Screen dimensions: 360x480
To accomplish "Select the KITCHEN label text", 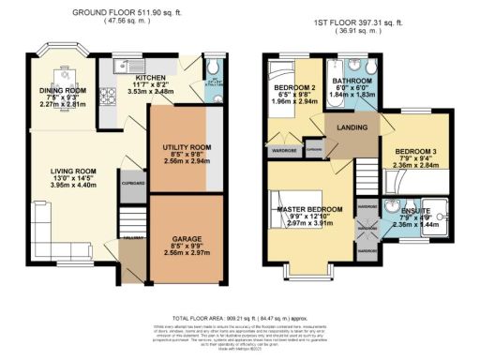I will point(151,79).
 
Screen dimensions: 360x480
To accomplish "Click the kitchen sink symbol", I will point(124,66).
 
